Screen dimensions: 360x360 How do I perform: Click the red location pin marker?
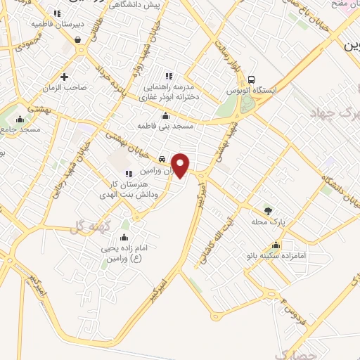[181, 165]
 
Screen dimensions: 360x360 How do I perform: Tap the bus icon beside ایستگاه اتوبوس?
[252, 79]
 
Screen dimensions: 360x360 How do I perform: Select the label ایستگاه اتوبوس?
[252, 91]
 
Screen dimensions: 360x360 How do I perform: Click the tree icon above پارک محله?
[267, 210]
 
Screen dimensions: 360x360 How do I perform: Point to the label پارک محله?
[267, 222]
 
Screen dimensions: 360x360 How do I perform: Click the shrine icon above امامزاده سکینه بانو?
[277, 245]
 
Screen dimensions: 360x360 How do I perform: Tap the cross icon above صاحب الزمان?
[65, 76]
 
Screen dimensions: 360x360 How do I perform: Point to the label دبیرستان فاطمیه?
[58, 23]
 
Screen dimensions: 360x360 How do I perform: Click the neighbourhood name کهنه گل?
[80, 226]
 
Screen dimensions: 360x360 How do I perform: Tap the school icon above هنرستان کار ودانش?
[128, 174]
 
